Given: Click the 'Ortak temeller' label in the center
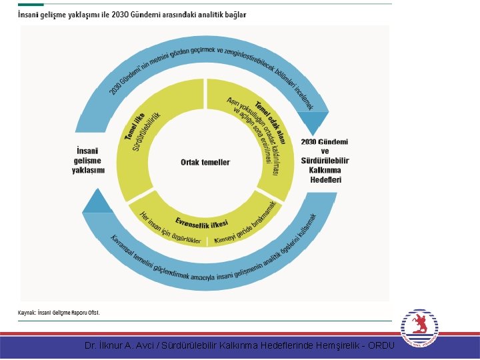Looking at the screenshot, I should point(205,162).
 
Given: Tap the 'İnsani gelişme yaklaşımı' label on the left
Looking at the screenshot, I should point(88,160).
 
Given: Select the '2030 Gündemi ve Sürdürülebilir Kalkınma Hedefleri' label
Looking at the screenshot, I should point(325,161).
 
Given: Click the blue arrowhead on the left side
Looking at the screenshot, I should point(99,201).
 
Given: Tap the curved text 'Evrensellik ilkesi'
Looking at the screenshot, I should point(201,222).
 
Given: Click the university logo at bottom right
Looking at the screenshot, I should point(419,328).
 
